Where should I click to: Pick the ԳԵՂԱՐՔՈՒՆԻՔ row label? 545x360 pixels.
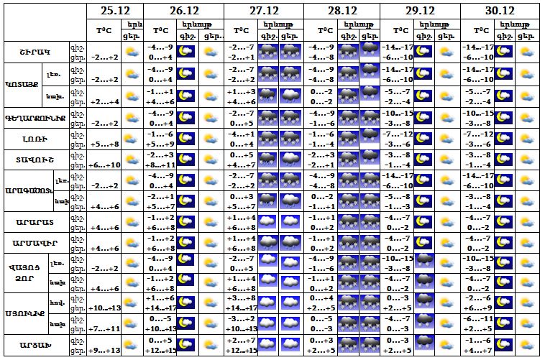(34, 118)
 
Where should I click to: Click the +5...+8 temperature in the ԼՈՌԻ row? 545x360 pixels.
(104, 144)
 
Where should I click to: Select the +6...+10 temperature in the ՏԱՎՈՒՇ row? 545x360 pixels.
(104, 165)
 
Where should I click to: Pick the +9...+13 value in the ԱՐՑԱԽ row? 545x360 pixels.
(104, 351)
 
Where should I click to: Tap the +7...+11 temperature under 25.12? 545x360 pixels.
(104, 329)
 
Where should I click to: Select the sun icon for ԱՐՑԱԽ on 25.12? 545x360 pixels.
(132, 346)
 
